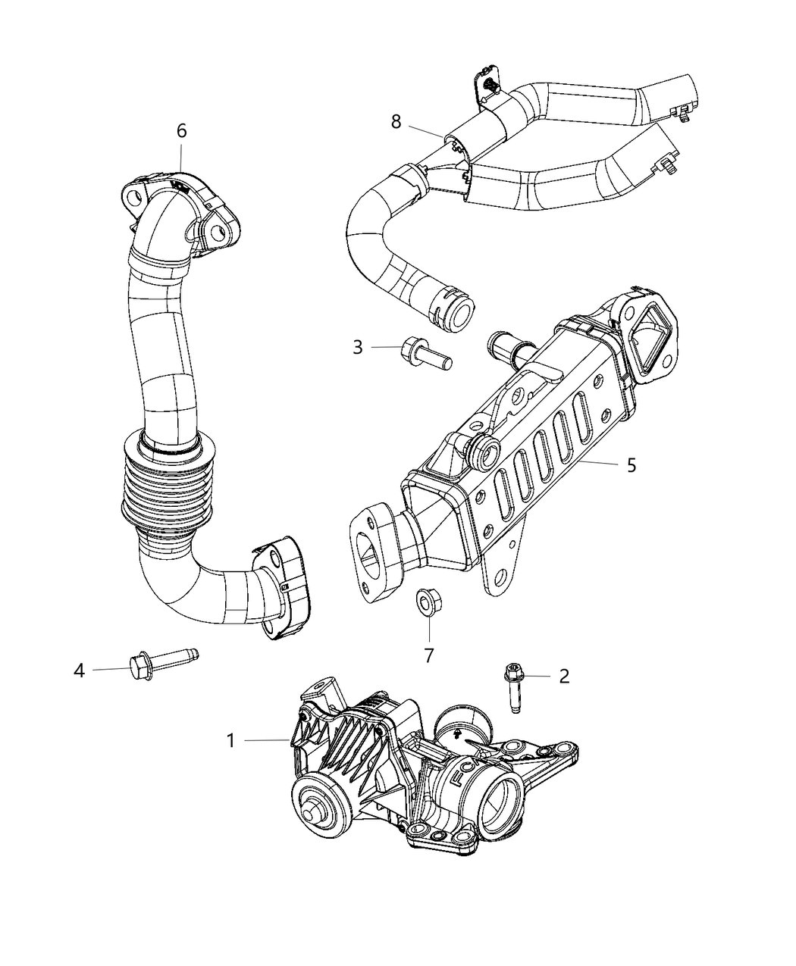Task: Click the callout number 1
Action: pyautogui.click(x=230, y=740)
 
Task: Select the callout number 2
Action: pyautogui.click(x=563, y=676)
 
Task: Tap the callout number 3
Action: pyautogui.click(x=357, y=348)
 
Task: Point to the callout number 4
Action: pyautogui.click(x=79, y=670)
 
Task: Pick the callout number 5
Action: pyautogui.click(x=631, y=464)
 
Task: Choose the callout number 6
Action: pyautogui.click(x=181, y=131)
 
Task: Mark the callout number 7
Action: pyautogui.click(x=428, y=655)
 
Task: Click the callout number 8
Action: pyautogui.click(x=396, y=121)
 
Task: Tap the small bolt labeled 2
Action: pyautogui.click(x=512, y=686)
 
